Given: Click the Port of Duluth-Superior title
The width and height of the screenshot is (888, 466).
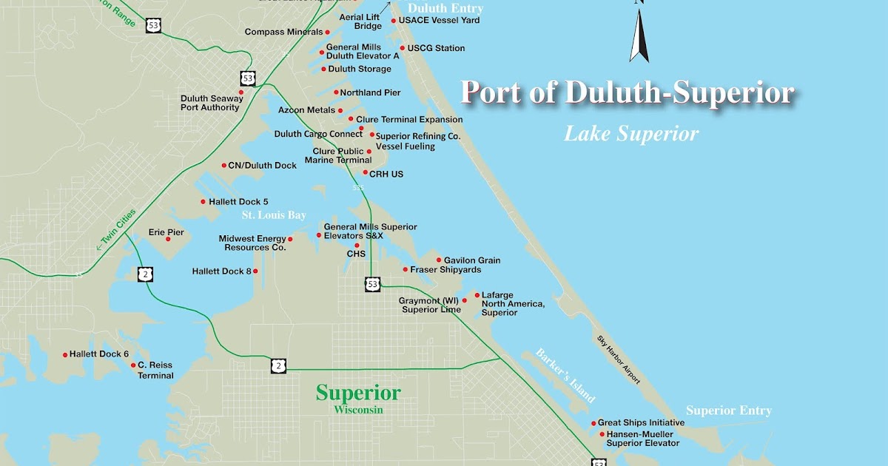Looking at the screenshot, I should coord(628,93).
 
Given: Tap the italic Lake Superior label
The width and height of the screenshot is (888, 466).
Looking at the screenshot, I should coord(631,134).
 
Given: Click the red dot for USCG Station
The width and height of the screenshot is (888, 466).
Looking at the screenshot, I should coord(403,48).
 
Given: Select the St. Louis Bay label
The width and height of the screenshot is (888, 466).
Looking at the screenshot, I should coord(275,215).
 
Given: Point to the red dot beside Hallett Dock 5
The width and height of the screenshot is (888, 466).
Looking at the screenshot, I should coord(203,201).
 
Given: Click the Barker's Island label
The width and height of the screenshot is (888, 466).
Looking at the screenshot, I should coord(565,375).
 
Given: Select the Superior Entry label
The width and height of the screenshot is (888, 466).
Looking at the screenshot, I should coord(728,411).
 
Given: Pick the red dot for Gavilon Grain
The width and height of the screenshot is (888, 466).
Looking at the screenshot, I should coord(439,260).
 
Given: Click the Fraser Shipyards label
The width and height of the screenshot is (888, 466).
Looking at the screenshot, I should coord(445,270).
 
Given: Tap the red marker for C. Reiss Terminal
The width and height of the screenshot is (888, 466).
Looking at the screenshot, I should coord(133,365).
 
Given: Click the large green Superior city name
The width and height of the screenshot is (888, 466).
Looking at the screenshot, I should coord(358,393).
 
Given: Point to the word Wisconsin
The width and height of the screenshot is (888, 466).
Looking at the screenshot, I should coord(358,410).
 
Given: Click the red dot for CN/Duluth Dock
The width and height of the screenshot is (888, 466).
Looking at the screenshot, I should coord(223,166).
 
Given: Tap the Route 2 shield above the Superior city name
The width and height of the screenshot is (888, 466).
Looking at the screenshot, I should coord(278,366).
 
